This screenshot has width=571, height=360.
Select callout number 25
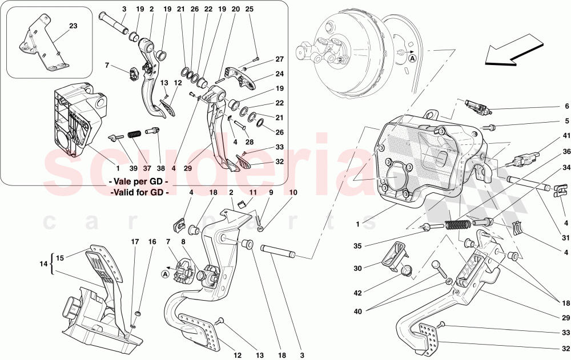[x=249, y=10]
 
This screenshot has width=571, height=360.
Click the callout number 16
[x=152, y=242]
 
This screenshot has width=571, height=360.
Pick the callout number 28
[x=249, y=142]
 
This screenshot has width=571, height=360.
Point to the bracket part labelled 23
[x=41, y=46]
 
